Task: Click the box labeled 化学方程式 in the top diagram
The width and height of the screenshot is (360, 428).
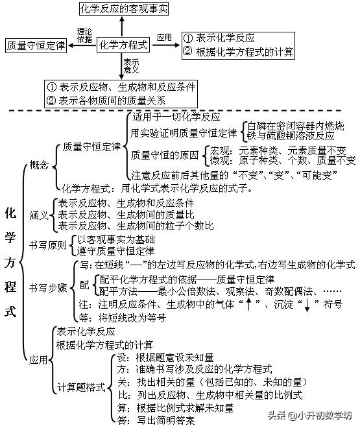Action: coord(123,45)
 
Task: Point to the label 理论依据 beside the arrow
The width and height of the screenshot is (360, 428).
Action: coord(84,35)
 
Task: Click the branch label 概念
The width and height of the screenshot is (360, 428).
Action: coord(39,165)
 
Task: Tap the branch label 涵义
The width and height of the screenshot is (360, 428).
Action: coord(39,215)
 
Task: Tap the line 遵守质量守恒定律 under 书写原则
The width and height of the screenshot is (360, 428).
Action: coord(115,251)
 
